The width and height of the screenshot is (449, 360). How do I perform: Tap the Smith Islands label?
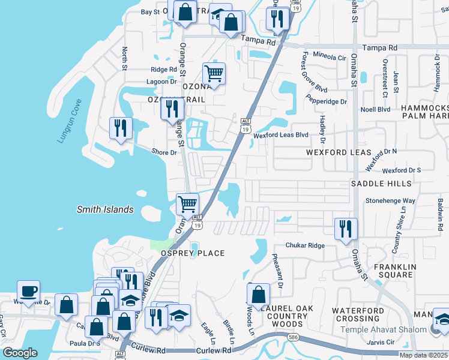pyautogui.click(x=105, y=209)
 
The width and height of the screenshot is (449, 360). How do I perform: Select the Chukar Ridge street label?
pyautogui.click(x=304, y=245)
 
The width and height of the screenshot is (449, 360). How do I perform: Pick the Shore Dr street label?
pyautogui.click(x=164, y=152)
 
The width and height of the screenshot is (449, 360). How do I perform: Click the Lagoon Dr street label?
pyautogui.click(x=161, y=82)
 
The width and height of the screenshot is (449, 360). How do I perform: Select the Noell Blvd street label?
pyautogui.click(x=375, y=109)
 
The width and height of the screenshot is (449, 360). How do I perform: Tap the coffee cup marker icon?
pyautogui.click(x=28, y=292)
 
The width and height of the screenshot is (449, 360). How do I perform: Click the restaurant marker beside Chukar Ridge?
pyautogui.click(x=346, y=228)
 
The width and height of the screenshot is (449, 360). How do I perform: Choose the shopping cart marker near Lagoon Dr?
pyautogui.click(x=214, y=74)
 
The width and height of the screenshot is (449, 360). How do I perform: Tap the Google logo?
pyautogui.click(x=20, y=353)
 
